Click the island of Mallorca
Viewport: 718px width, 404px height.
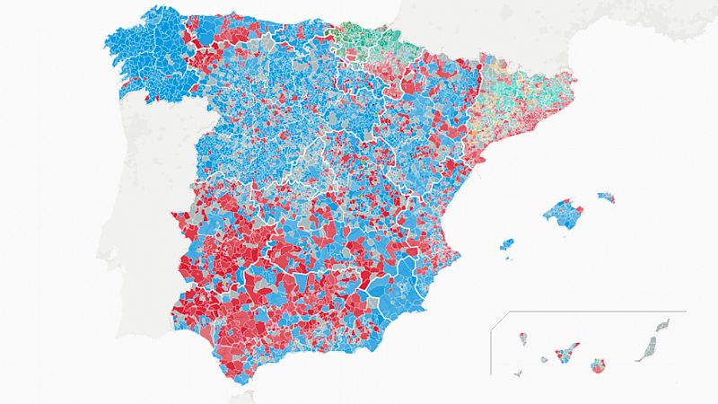[562, 215]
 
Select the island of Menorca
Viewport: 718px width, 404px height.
[607, 196]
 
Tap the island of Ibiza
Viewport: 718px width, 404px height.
[507, 244]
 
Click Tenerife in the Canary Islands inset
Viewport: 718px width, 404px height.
[565, 353]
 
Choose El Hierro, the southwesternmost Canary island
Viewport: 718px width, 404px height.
[518, 373]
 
